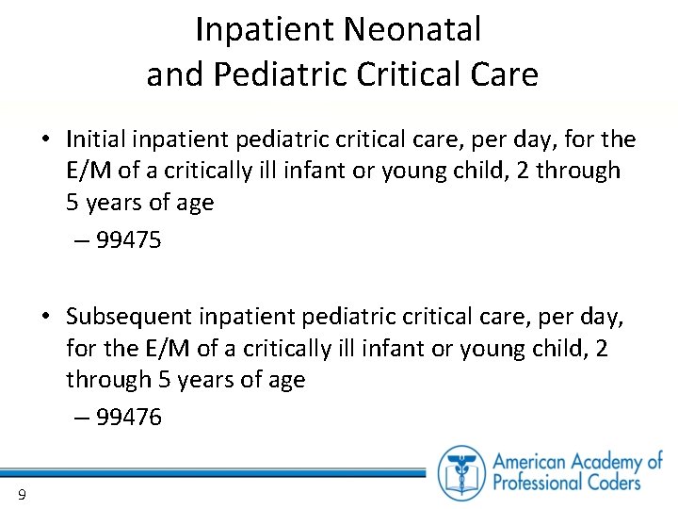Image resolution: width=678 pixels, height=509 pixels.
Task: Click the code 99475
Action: pyautogui.click(x=128, y=240)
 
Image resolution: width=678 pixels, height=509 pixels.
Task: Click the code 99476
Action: pyautogui.click(x=128, y=417)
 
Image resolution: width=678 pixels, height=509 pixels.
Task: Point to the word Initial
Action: pyautogui.click(x=96, y=140)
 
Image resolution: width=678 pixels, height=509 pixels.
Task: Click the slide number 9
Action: pyautogui.click(x=21, y=495)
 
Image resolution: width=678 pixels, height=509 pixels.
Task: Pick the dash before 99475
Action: pyautogui.click(x=82, y=240)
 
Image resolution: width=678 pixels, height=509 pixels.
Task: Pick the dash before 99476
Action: pyautogui.click(x=82, y=417)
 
